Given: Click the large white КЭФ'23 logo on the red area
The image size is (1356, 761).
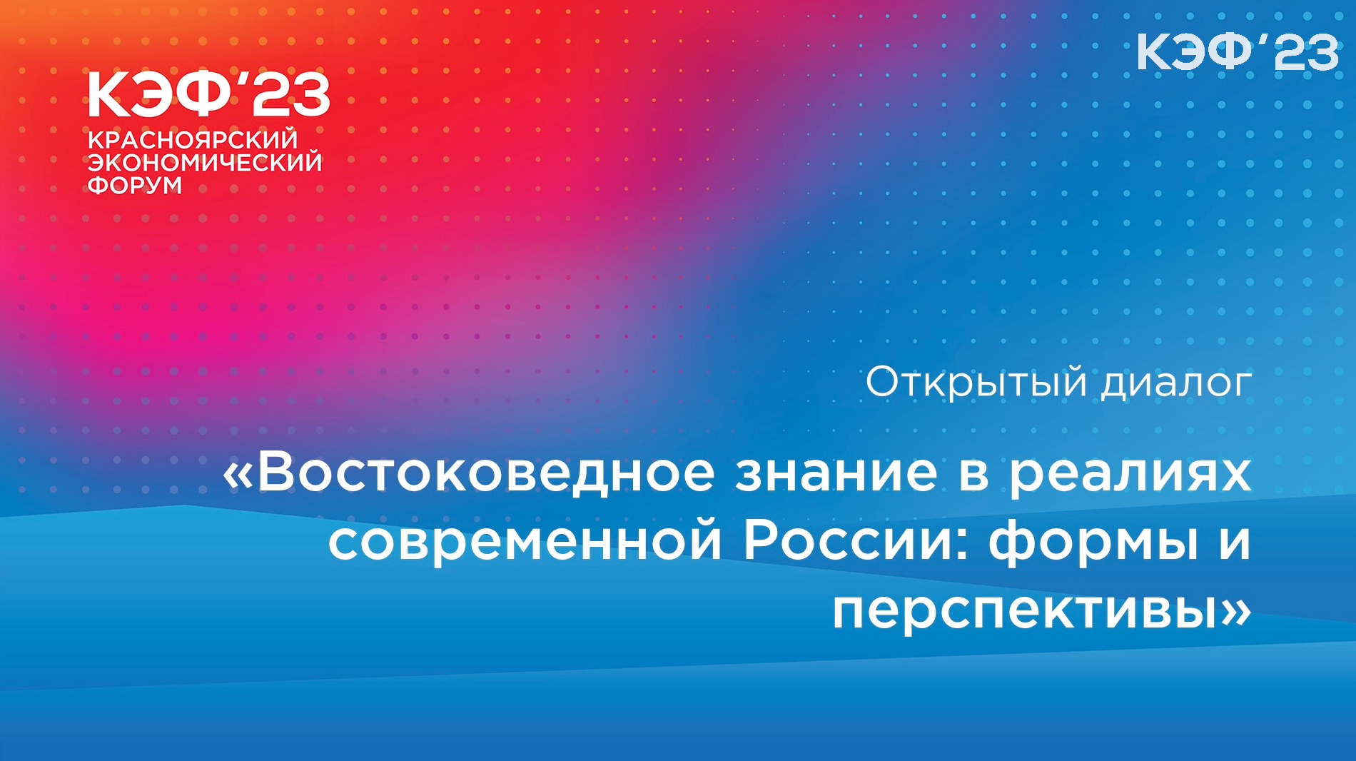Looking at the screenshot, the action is pyautogui.click(x=208, y=94).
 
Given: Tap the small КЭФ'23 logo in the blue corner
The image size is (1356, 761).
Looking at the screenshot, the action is pyautogui.click(x=1238, y=52).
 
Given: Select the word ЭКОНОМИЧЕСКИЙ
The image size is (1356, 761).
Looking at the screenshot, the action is pyautogui.click(x=205, y=162).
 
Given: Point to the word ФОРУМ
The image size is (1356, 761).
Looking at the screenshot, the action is pyautogui.click(x=135, y=185).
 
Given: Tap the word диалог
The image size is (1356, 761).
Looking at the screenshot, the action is pyautogui.click(x=1175, y=383).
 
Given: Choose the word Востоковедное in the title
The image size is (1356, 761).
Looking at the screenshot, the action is pyautogui.click(x=486, y=473).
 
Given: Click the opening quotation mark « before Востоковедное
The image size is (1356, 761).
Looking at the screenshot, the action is pyautogui.click(x=238, y=475).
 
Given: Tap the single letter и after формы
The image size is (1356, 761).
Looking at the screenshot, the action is pyautogui.click(x=1235, y=545).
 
